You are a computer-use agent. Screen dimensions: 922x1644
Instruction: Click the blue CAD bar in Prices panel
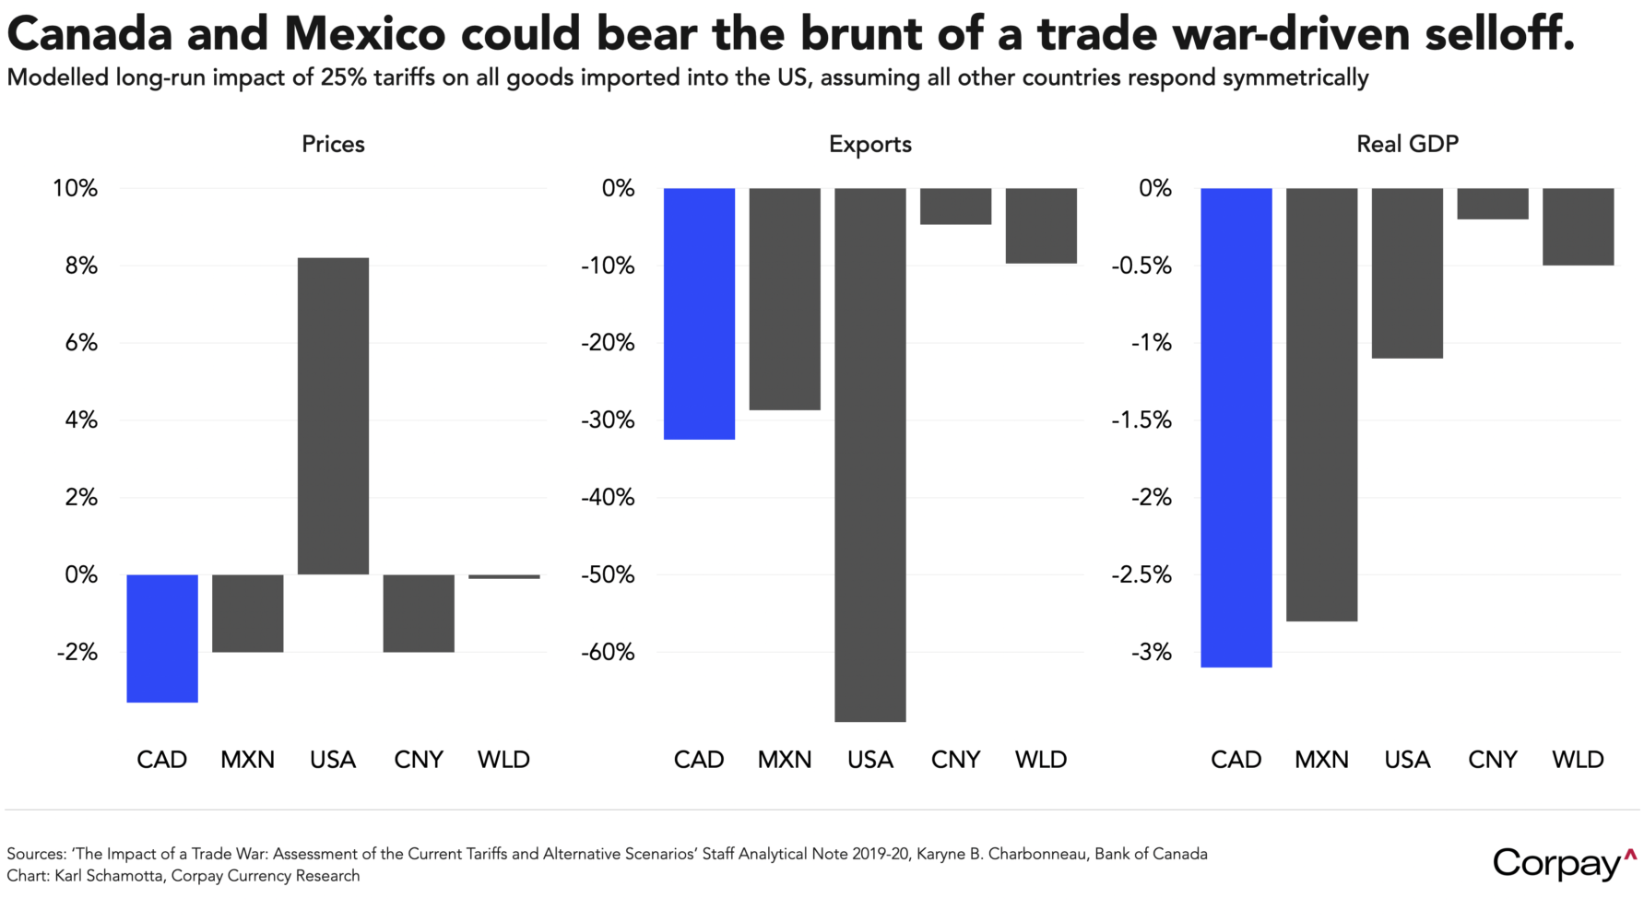162,638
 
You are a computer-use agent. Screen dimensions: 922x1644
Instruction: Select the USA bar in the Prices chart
333,416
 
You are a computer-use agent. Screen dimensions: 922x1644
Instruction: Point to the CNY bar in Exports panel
955,207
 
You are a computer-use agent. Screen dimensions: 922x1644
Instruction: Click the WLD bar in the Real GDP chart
1578,227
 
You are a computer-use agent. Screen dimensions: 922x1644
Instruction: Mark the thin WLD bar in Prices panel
503,576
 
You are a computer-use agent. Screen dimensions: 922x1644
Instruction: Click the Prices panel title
333,144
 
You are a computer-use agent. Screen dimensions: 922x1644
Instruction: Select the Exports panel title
869,144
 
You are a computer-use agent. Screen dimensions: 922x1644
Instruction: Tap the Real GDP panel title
1407,144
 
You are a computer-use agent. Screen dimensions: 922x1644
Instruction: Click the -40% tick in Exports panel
608,498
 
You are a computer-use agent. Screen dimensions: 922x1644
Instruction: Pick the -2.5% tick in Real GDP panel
1141,575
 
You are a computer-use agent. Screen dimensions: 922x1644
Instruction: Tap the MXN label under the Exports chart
785,760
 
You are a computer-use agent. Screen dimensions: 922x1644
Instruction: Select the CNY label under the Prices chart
419,760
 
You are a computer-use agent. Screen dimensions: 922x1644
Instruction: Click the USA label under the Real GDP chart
1407,760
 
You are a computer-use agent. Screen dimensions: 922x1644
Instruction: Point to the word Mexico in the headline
364,34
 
